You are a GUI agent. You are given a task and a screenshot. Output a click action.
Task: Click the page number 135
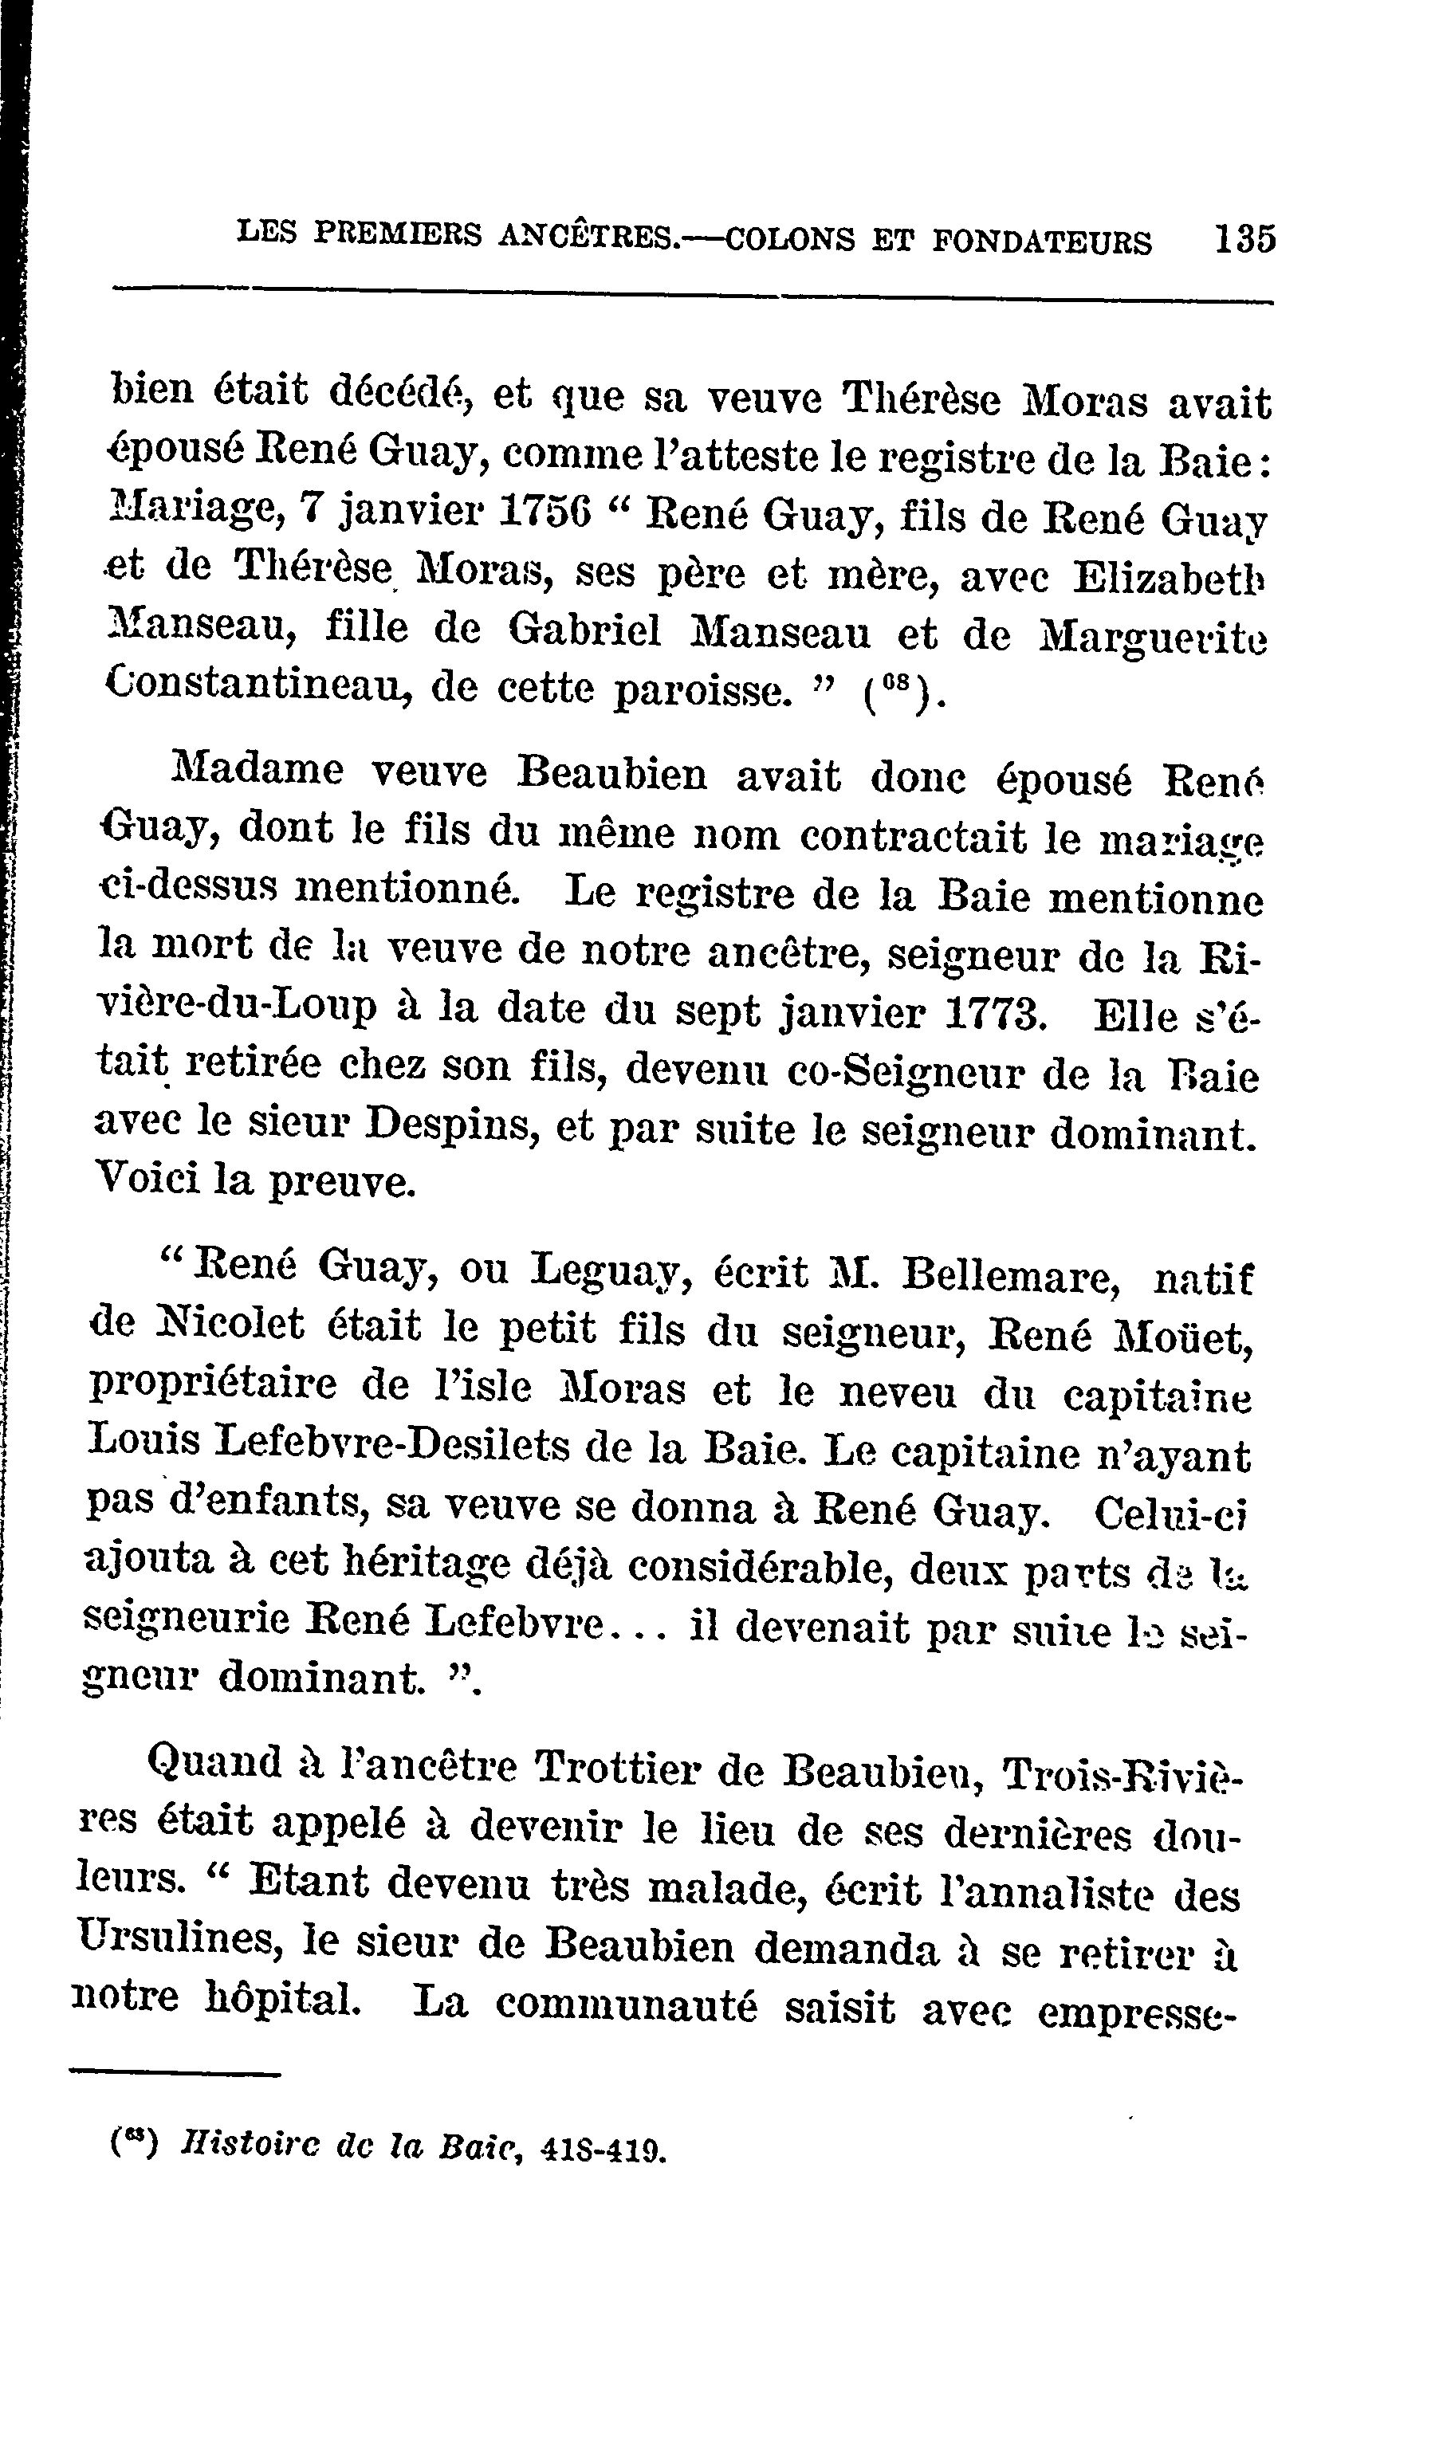click(x=1244, y=239)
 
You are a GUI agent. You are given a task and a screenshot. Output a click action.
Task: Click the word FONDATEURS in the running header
click(x=1041, y=241)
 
